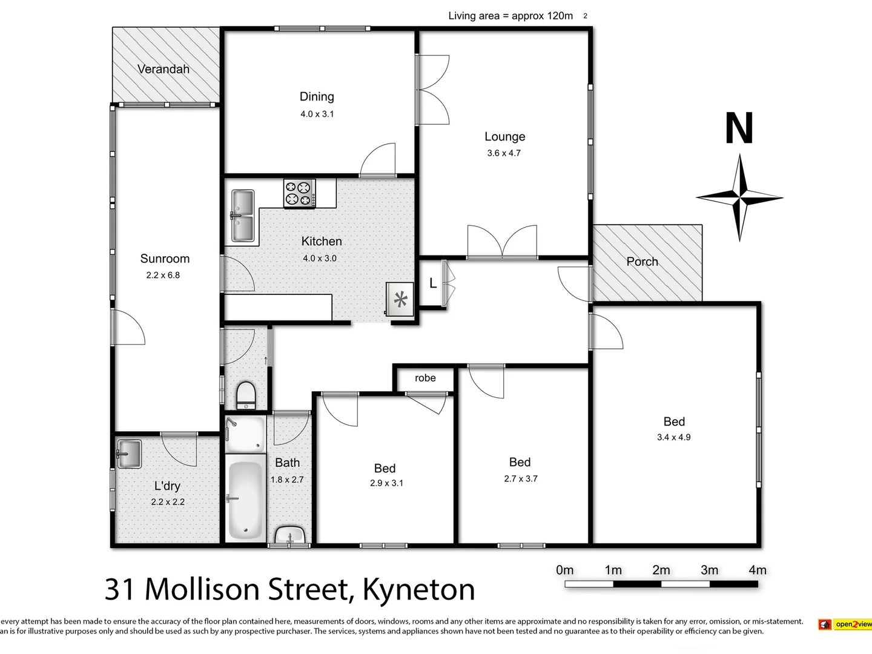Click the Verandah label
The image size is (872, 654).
point(163,69)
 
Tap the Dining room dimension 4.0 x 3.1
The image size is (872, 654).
point(317,114)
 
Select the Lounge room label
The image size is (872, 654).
point(504,137)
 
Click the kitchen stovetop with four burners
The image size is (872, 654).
point(300,193)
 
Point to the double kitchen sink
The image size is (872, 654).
point(243,216)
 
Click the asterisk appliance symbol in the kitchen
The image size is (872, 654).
point(400,299)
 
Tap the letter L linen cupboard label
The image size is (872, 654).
point(432,283)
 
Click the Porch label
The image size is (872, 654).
point(642,262)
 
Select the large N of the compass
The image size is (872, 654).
point(739,128)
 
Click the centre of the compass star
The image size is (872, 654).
point(739,197)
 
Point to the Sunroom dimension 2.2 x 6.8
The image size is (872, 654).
point(163,275)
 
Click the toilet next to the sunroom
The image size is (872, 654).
point(246,395)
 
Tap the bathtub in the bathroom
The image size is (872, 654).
point(245,500)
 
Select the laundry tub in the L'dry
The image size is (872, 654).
point(128,454)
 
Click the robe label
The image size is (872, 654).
point(425,378)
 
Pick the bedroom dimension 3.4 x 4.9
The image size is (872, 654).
point(673,437)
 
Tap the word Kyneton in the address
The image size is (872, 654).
point(418,589)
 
